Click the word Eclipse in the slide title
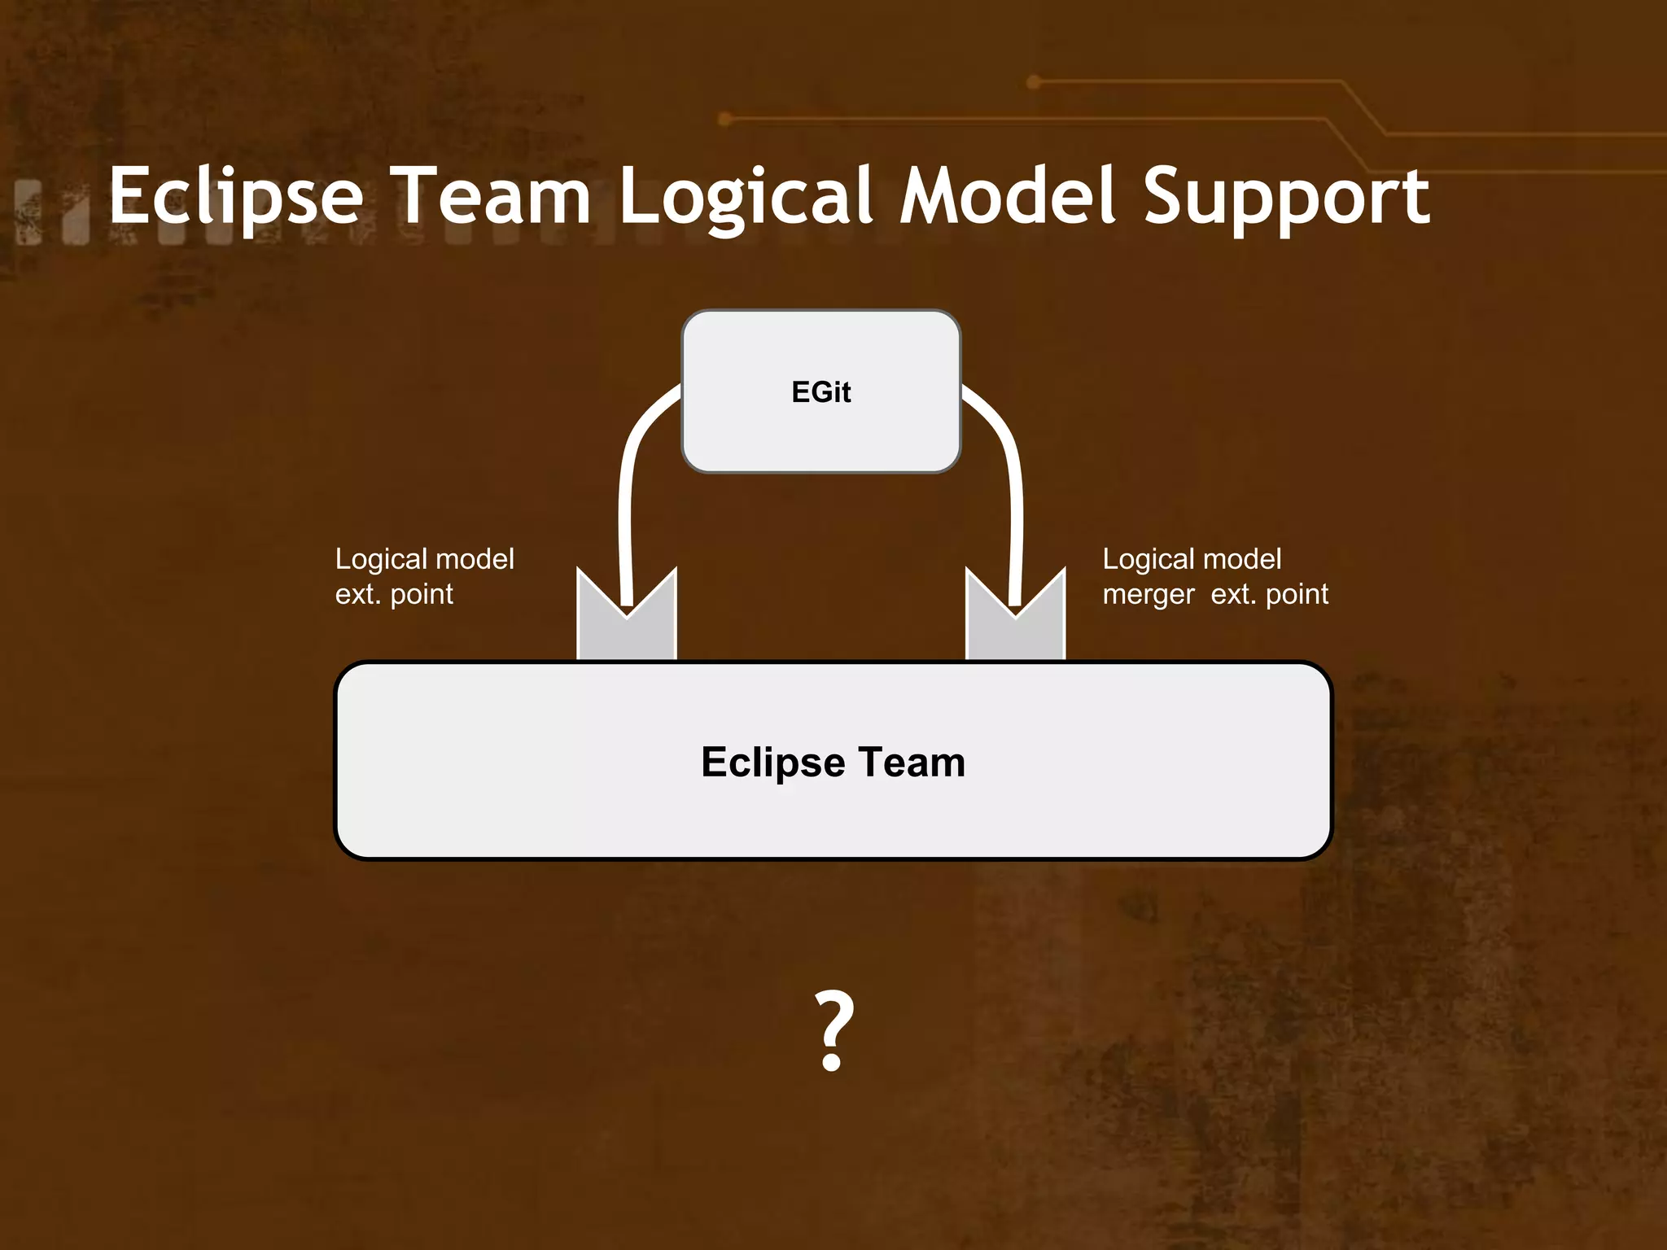point(236,197)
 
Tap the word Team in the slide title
point(493,197)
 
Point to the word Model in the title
point(1006,197)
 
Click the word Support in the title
point(1286,197)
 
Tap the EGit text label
point(820,392)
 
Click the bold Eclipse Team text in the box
point(833,763)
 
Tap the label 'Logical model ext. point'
point(424,576)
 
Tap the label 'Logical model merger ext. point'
point(1214,576)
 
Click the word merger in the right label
point(1149,595)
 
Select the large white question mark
point(833,1029)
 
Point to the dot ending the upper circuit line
point(1034,81)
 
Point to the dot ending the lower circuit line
point(725,120)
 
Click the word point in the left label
point(422,595)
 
